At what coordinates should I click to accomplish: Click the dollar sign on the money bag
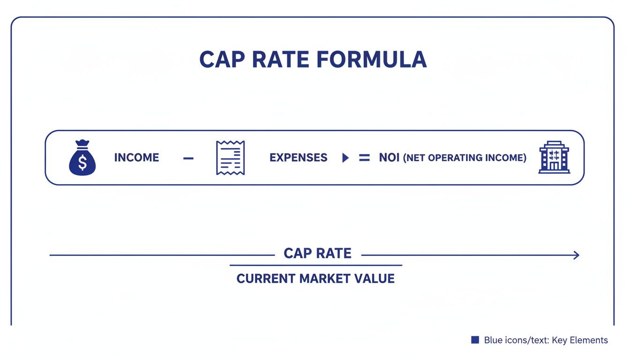point(82,163)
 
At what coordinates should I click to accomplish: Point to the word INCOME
point(136,157)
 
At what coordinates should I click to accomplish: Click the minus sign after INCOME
point(188,158)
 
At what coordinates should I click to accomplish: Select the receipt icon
point(230,157)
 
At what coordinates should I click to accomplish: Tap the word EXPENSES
point(298,157)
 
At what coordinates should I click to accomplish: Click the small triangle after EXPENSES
point(345,158)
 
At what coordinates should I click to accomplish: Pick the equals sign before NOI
point(364,158)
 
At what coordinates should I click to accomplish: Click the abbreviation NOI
point(389,157)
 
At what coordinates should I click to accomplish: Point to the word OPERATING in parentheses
point(454,158)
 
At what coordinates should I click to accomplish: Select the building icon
point(554,157)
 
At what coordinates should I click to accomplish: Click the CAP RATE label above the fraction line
point(317,254)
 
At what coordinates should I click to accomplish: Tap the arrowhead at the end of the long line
point(577,255)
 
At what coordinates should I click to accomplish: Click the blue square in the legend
point(475,340)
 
